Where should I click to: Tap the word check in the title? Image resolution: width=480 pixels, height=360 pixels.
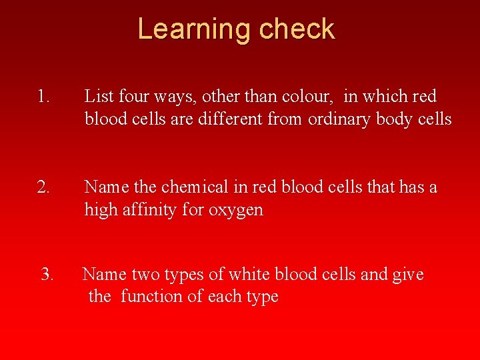pos(297,30)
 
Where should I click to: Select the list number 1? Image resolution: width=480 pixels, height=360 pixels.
pos(43,97)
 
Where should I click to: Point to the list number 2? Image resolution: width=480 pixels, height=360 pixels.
pos(43,187)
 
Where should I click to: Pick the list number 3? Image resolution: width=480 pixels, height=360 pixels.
pos(47,275)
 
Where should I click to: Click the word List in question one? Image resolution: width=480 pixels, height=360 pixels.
pos(99,97)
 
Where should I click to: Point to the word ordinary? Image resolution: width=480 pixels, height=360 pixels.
pos(339,120)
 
